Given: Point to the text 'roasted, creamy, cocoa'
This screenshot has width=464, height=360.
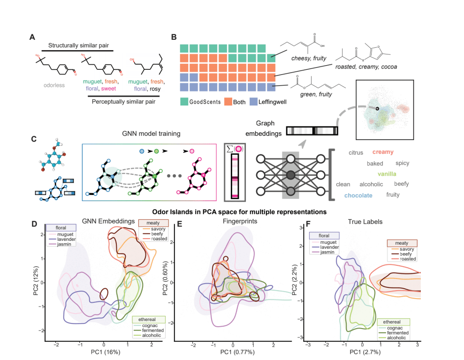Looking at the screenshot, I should coord(367,67).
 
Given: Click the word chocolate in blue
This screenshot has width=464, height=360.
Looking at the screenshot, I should coord(358,195).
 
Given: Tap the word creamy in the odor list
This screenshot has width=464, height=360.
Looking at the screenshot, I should coord(383,152).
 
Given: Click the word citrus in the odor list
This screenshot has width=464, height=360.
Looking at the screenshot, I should coord(357,153).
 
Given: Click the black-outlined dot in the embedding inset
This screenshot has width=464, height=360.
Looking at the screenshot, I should coord(377,109).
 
